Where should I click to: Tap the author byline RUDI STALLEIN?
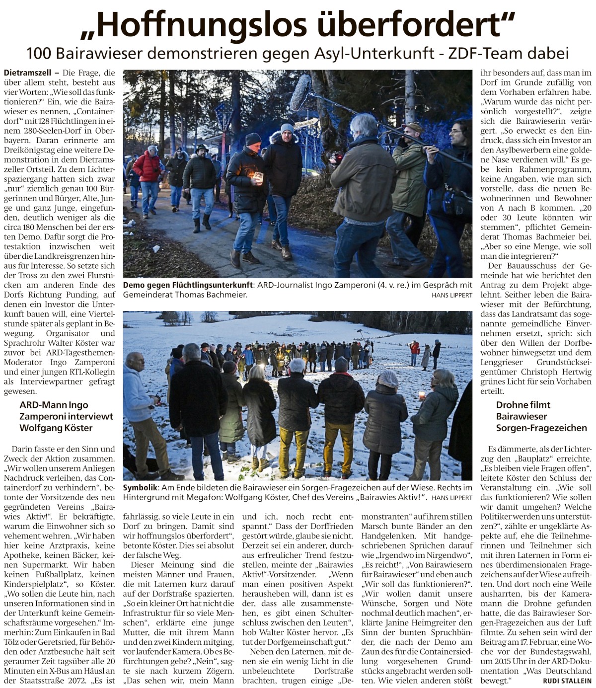[x=567, y=681]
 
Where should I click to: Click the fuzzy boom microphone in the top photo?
[x=300, y=93]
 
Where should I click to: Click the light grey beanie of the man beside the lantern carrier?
[x=287, y=129]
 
